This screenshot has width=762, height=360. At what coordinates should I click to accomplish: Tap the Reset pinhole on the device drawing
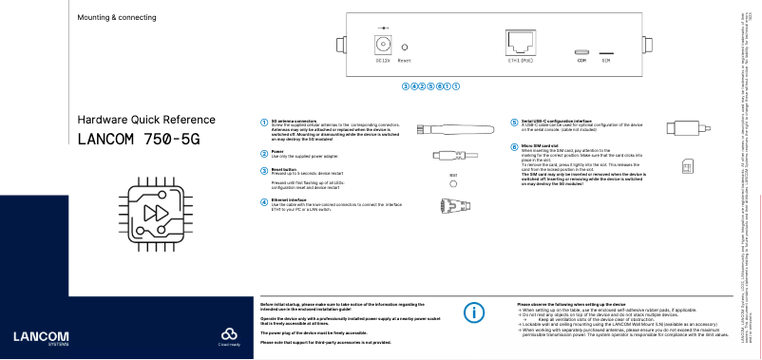point(405,47)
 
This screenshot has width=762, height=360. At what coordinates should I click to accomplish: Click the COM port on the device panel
point(581,51)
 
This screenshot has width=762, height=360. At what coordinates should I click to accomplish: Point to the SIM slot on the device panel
point(605,53)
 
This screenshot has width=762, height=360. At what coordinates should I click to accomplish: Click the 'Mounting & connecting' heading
point(116,18)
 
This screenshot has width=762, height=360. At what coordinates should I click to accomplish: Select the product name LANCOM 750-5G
point(139,139)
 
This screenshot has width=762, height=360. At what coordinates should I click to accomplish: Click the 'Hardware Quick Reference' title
point(139,120)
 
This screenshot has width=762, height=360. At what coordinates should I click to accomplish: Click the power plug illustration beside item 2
point(455,155)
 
